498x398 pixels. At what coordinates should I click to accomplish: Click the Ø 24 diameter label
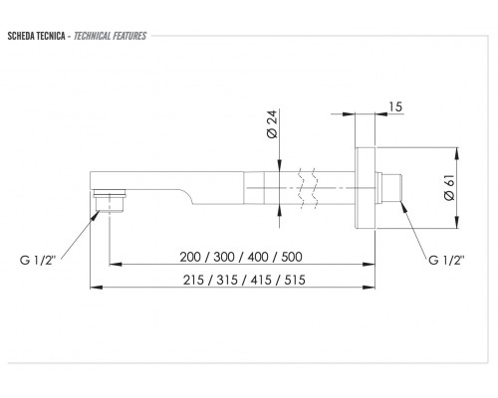[272, 124]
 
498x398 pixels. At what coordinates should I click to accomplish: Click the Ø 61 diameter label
[449, 188]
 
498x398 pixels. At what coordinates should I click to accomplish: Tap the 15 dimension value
[395, 106]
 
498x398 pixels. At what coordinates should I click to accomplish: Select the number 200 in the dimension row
[190, 257]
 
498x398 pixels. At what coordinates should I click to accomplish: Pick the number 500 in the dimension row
[292, 257]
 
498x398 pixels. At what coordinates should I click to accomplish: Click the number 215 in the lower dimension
[193, 280]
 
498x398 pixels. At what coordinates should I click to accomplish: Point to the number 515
[295, 280]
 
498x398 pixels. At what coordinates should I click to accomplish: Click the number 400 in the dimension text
[258, 257]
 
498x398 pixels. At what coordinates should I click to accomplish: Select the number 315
[227, 280]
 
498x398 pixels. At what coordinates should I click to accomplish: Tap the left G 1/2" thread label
[38, 260]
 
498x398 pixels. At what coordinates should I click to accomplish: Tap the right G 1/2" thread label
[446, 260]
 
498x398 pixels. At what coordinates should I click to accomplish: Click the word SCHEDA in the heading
[20, 36]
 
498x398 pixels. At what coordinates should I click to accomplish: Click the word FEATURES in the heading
[129, 36]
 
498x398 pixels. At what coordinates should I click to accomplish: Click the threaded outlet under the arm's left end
[110, 200]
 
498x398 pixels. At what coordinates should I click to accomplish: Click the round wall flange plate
[365, 188]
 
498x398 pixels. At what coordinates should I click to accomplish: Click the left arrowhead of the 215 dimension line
[97, 288]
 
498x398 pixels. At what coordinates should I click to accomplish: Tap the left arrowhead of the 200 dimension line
[116, 265]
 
